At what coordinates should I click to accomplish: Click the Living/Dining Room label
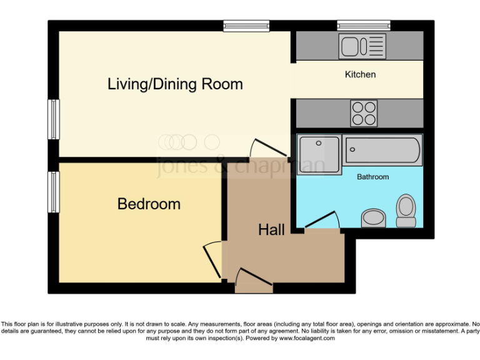(175, 84)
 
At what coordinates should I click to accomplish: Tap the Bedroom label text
(149, 204)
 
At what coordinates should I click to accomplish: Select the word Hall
(271, 230)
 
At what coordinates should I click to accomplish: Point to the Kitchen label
(361, 74)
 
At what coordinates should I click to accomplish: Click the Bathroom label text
(373, 177)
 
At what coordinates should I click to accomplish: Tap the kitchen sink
(362, 46)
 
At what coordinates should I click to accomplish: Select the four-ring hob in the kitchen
(364, 113)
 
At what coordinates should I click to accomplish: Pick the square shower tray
(319, 151)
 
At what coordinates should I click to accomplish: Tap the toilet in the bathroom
(406, 211)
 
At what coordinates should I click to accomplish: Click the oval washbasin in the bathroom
(374, 217)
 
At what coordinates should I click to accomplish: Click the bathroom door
(322, 220)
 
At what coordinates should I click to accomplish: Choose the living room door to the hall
(262, 148)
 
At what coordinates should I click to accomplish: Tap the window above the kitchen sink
(364, 25)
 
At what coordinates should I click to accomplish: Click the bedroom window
(54, 192)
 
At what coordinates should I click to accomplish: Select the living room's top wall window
(247, 25)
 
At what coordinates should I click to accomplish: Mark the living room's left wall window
(54, 119)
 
